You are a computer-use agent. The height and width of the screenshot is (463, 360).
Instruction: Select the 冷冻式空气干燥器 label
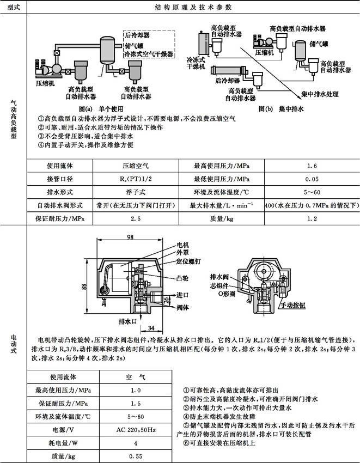pos(148,55)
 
